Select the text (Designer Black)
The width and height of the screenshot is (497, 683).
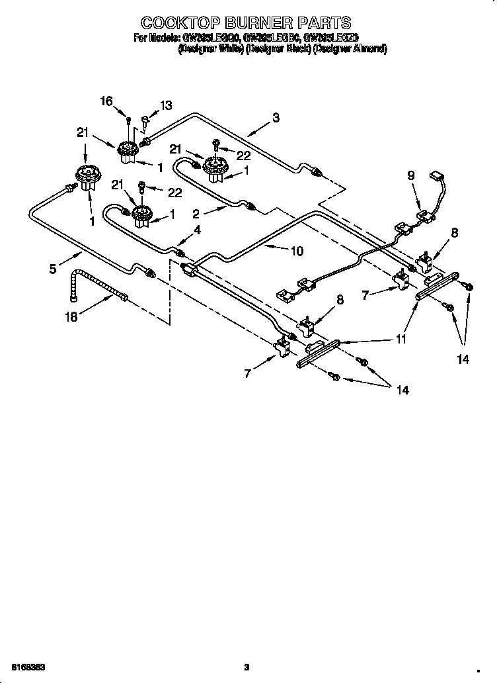tap(278, 49)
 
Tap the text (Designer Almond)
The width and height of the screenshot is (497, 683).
tap(350, 49)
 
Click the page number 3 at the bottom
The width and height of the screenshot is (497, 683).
tap(247, 666)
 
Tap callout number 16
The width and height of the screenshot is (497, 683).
tap(106, 101)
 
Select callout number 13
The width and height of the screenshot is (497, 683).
tap(166, 105)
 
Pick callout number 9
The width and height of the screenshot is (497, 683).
tap(410, 175)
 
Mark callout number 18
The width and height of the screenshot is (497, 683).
tap(71, 317)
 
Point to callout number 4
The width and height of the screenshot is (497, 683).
tap(196, 230)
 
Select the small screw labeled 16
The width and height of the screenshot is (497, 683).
tap(128, 120)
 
